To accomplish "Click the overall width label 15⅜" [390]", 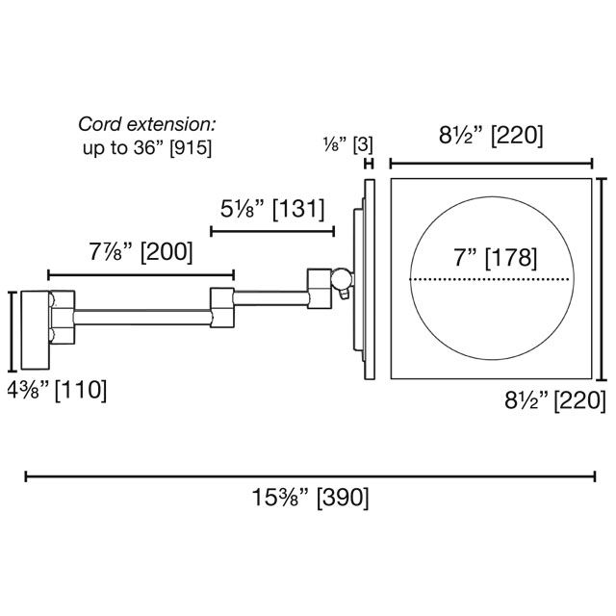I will (x=311, y=499).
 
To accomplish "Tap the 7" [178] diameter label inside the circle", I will (x=492, y=257).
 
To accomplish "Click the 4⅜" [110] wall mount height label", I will (x=57, y=391).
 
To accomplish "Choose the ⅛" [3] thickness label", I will (x=347, y=144).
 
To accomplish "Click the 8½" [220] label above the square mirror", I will (x=491, y=137).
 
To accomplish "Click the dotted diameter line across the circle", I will (x=492, y=279).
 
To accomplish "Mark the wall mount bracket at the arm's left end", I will (x=39, y=329).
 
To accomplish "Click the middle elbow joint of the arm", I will (x=222, y=305).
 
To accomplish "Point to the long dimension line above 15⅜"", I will (x=310, y=475).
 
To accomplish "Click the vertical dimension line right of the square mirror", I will (x=601, y=278).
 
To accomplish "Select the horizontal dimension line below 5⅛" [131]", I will (x=272, y=231).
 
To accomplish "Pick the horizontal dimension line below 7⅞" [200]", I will (x=141, y=274).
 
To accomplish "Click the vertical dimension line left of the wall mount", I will (x=11, y=331).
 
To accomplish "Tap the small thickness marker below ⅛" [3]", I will (x=368, y=165).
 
